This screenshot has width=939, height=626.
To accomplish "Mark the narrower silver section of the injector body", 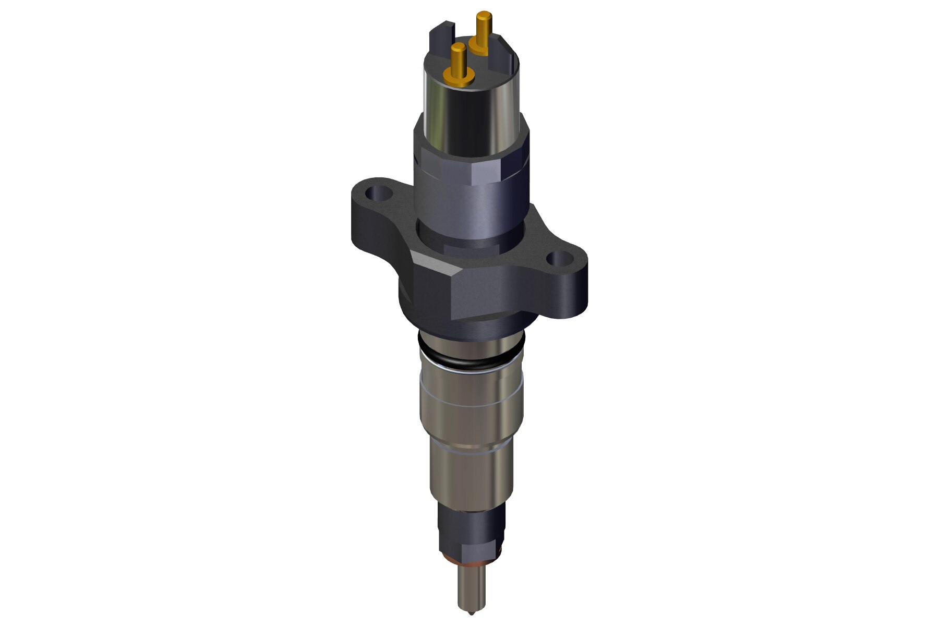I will pos(469,475).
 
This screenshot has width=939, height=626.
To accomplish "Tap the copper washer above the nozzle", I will pos(469,560).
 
